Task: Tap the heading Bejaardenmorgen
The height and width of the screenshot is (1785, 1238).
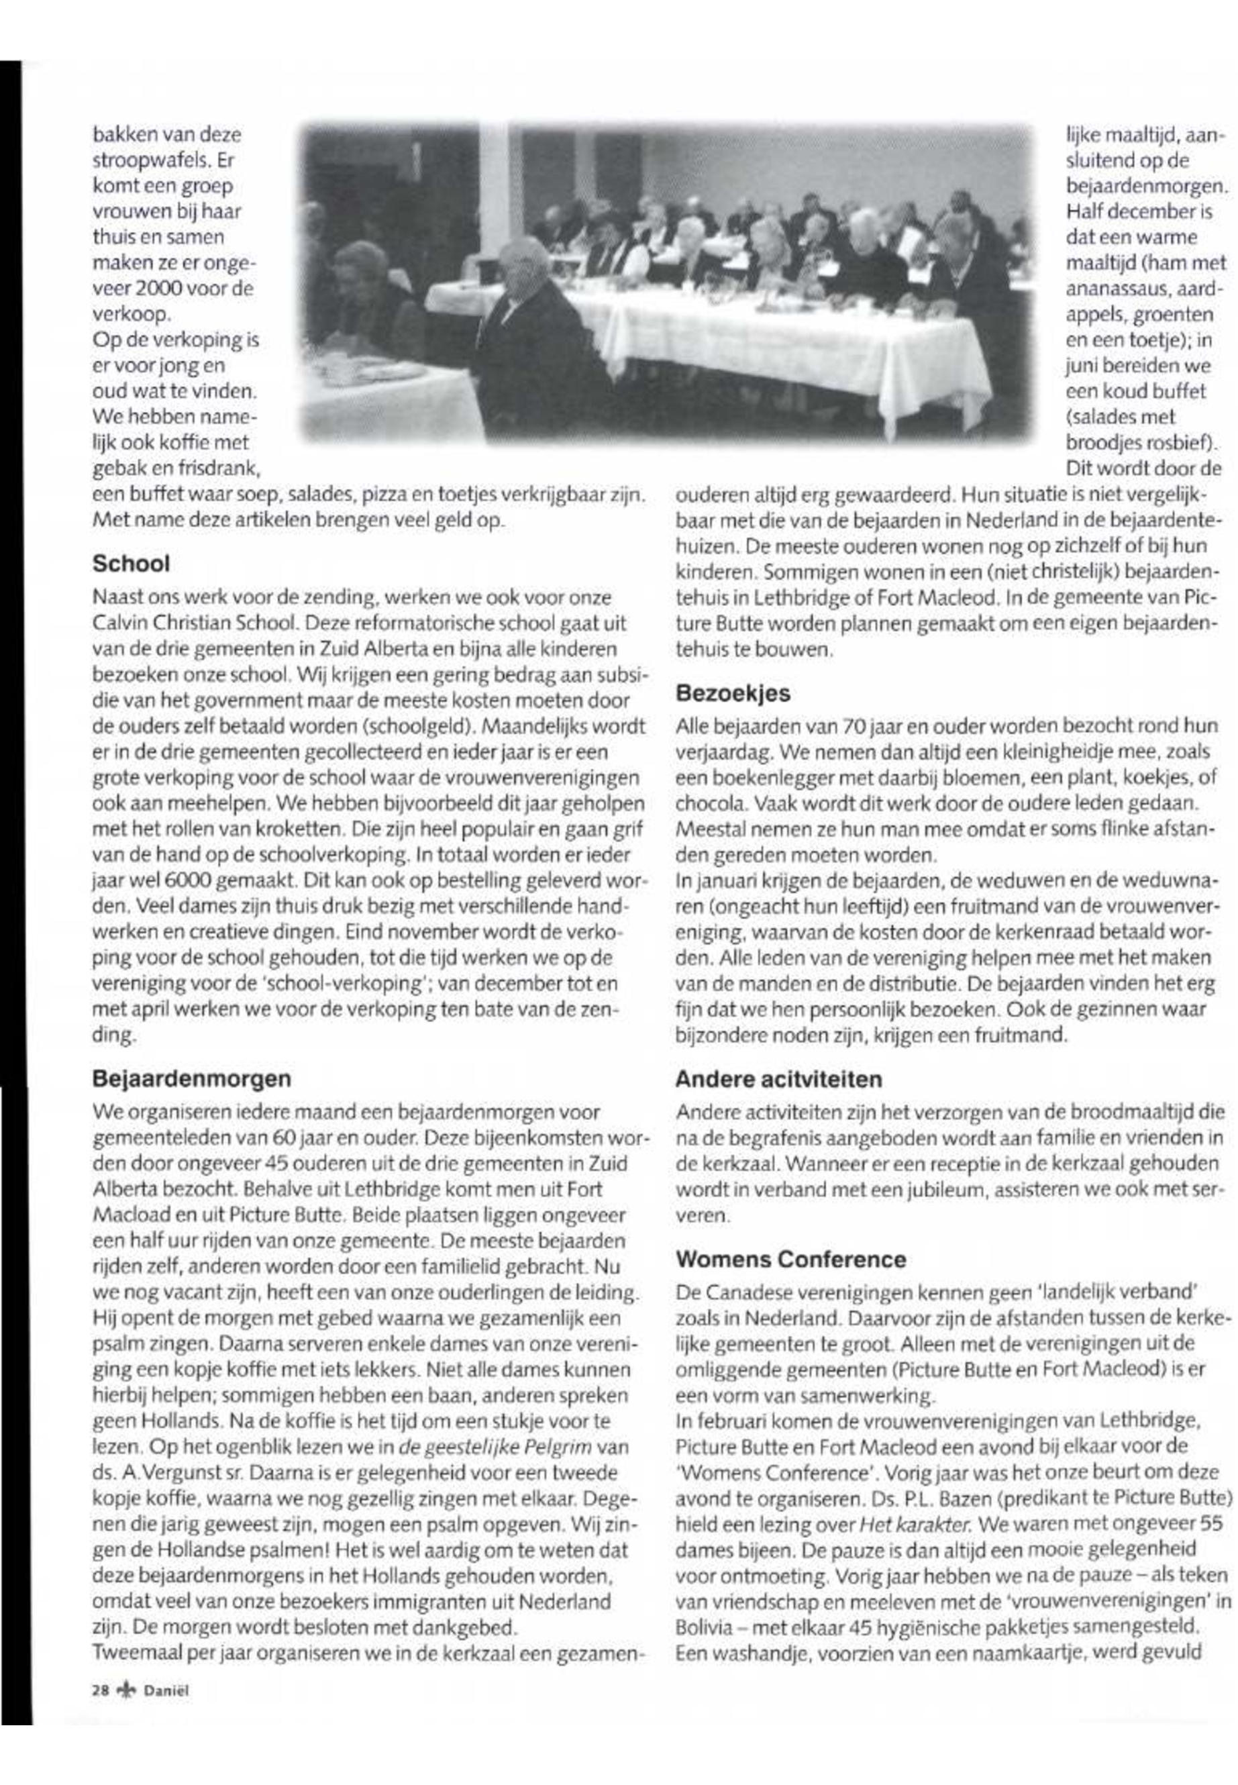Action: (192, 1078)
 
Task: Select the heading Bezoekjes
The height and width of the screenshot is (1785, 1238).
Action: (733, 693)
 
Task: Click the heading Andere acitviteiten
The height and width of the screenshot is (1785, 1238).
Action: (778, 1079)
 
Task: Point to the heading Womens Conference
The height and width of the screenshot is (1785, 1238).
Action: (790, 1258)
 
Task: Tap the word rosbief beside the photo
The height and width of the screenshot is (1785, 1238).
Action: (1182, 442)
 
